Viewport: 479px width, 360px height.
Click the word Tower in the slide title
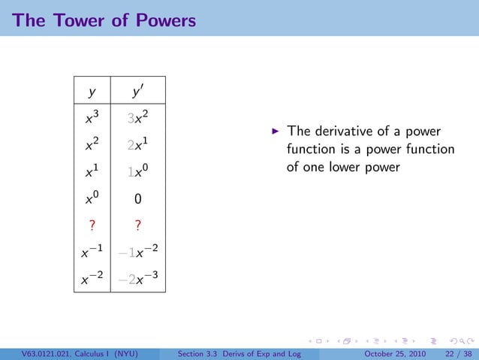coord(74,20)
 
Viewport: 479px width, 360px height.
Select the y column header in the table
coord(92,93)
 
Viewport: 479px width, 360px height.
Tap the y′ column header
coord(136,92)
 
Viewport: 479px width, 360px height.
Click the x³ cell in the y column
coord(92,118)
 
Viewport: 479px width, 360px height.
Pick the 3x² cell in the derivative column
coord(136,118)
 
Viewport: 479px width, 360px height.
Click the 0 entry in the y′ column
coord(137,201)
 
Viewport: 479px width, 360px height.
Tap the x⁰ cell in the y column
coord(92,200)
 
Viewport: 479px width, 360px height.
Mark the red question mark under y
coord(92,227)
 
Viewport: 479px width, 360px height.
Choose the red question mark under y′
coord(137,227)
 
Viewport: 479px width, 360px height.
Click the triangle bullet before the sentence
coord(276,131)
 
